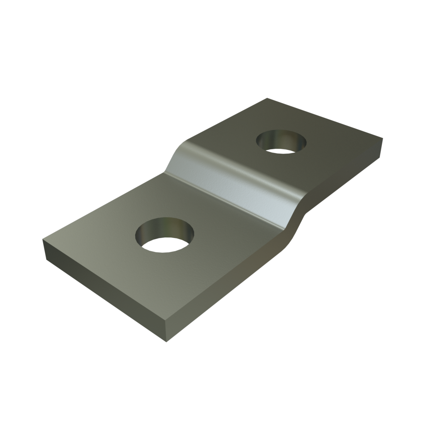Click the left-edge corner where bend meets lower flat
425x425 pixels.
pos(165,172)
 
